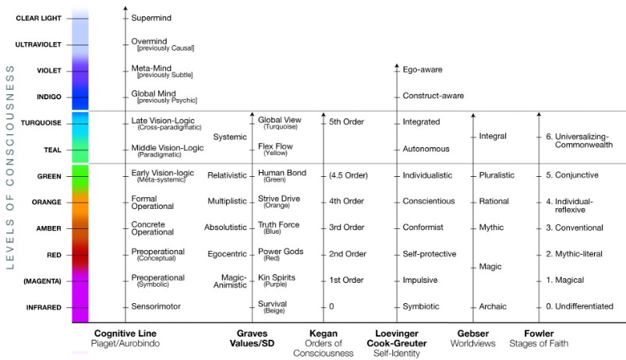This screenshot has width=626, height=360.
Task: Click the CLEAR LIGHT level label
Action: pyautogui.click(x=39, y=19)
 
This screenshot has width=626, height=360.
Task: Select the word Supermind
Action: pyautogui.click(x=151, y=18)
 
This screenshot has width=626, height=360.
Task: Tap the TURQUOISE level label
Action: pyautogui.click(x=41, y=123)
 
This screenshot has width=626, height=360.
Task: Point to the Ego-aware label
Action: pyautogui.click(x=423, y=69)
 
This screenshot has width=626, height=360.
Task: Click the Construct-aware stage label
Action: pyautogui.click(x=433, y=96)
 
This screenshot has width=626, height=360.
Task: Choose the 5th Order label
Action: pyautogui.click(x=347, y=122)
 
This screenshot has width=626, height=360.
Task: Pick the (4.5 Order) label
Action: pyautogui.click(x=348, y=175)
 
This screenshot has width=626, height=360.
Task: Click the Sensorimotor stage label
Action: pyautogui.click(x=156, y=306)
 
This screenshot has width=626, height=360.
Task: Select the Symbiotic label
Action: pyautogui.click(x=421, y=306)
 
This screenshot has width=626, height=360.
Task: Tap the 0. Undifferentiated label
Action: pyautogui.click(x=580, y=306)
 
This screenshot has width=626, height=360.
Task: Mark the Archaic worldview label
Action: pyautogui.click(x=493, y=306)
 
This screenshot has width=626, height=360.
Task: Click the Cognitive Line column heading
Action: pyautogui.click(x=126, y=334)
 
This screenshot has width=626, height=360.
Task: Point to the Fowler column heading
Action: pyautogui.click(x=539, y=334)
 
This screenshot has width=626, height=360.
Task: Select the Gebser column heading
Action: pyautogui.click(x=473, y=334)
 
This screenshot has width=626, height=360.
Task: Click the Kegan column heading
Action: pyautogui.click(x=324, y=334)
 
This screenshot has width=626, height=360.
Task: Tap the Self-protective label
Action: pyautogui.click(x=430, y=254)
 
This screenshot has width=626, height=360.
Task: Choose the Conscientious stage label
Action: pyautogui.click(x=429, y=201)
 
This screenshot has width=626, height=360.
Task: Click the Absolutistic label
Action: pyautogui.click(x=225, y=228)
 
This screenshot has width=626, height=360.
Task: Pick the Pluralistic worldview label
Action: pyautogui.click(x=497, y=175)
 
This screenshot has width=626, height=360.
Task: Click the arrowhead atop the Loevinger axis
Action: pyautogui.click(x=397, y=66)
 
